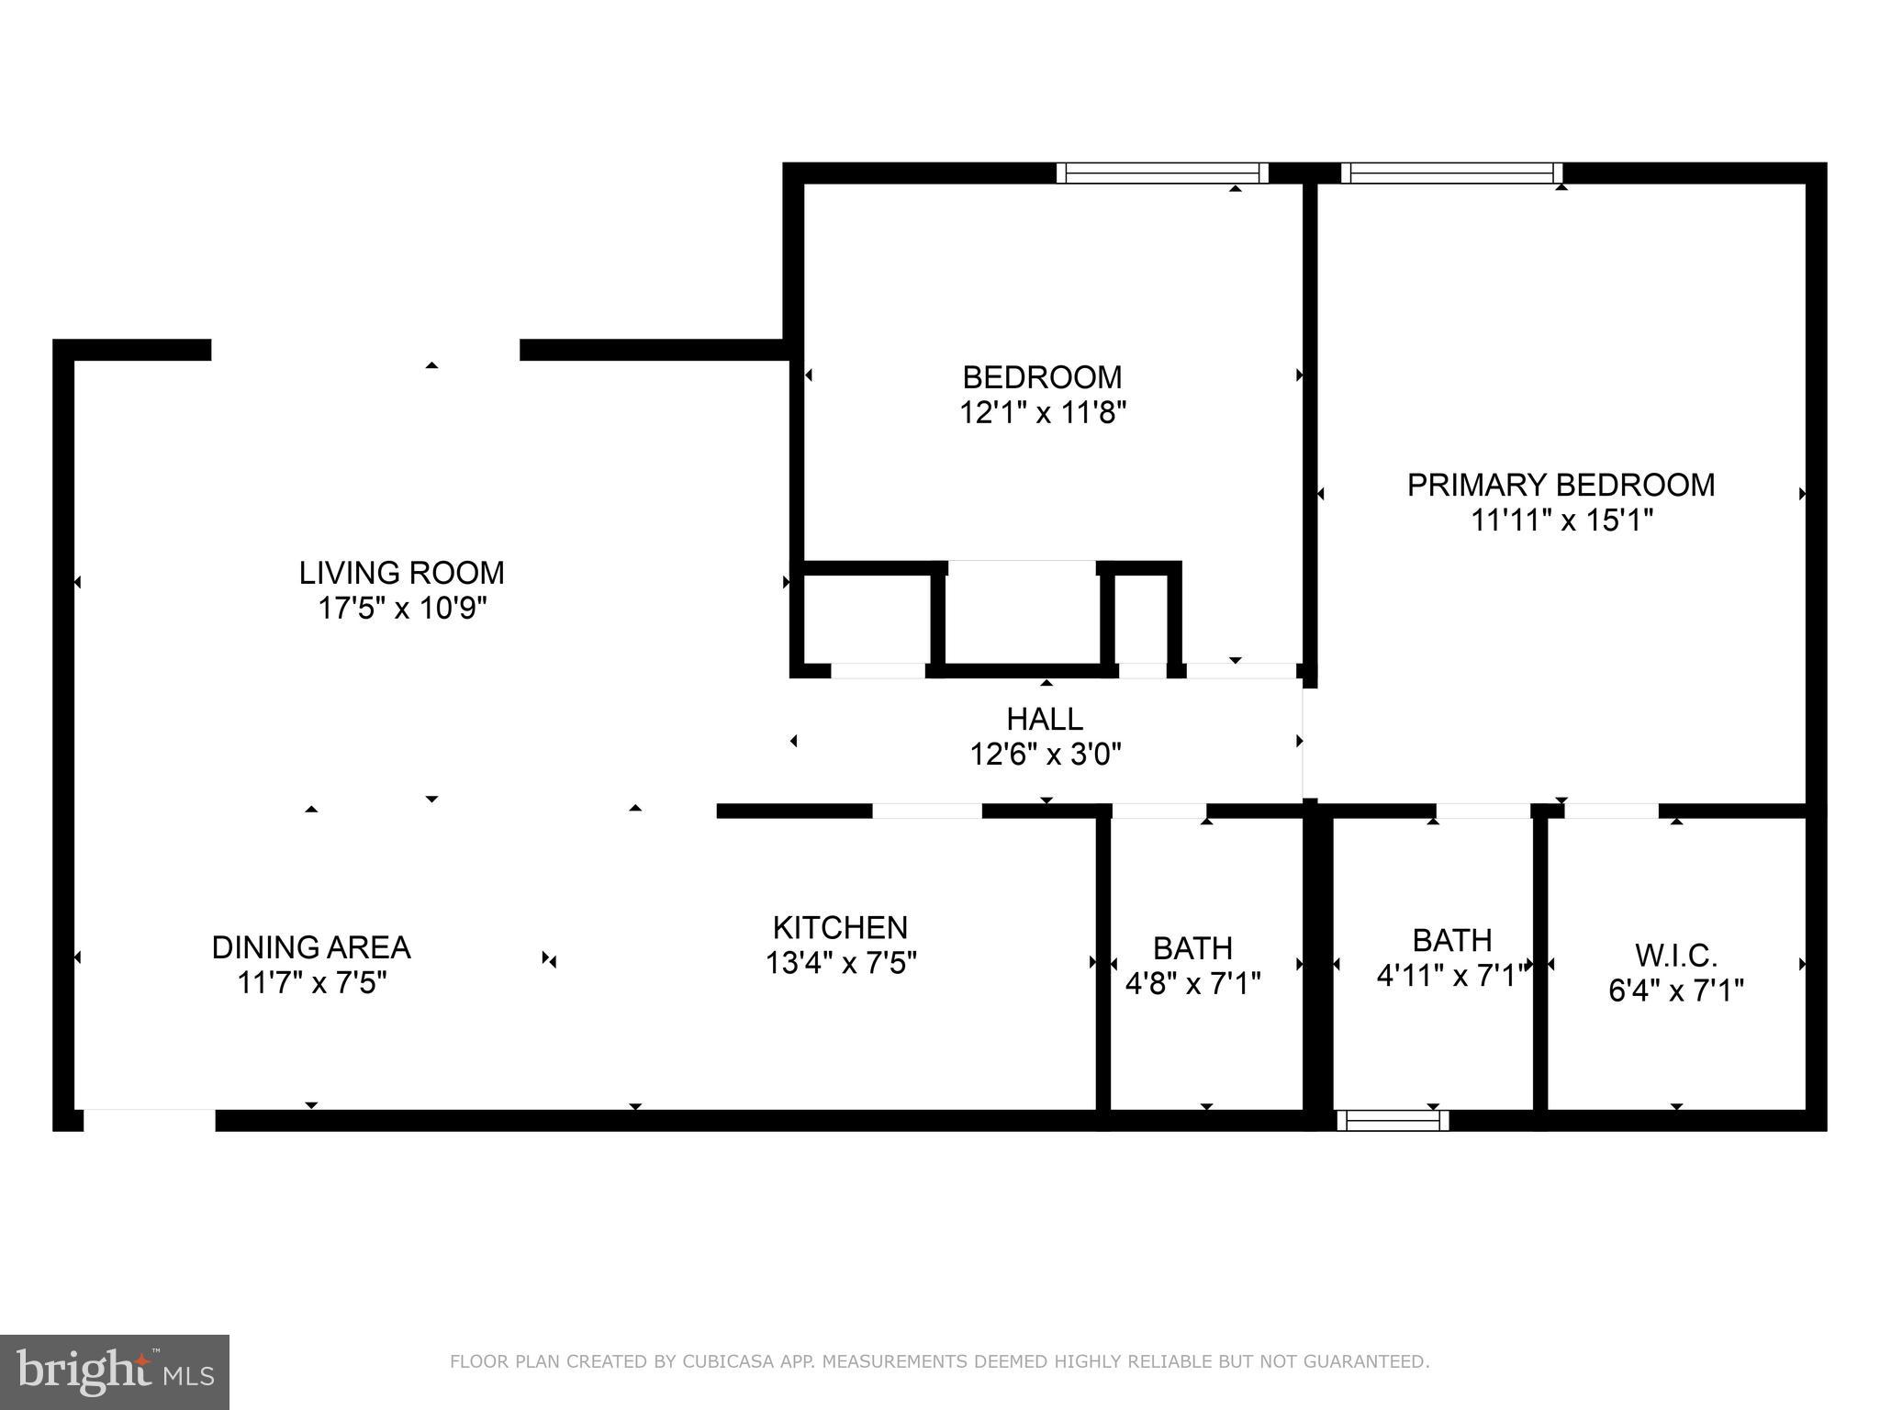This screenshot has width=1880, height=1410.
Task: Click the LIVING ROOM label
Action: (401, 573)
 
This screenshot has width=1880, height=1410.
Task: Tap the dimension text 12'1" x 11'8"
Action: (1043, 413)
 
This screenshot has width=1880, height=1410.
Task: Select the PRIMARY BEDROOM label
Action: (1561, 485)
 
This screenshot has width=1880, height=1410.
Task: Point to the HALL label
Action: (1045, 719)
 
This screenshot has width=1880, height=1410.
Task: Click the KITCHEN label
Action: (840, 927)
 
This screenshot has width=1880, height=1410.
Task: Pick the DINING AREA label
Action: (311, 947)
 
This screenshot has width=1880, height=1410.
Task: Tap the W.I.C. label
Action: (1675, 956)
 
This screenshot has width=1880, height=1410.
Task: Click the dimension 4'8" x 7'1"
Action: (1192, 984)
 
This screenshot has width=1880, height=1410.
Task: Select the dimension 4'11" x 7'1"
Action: (1452, 975)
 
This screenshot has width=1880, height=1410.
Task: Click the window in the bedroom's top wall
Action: (1161, 173)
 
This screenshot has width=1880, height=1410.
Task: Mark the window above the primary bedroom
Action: (1451, 173)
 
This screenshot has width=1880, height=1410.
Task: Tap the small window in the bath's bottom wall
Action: (1393, 1120)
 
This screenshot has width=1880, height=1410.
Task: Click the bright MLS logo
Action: (115, 1372)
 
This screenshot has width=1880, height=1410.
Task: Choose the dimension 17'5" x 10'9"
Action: (401, 609)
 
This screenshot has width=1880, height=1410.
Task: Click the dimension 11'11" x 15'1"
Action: (1561, 520)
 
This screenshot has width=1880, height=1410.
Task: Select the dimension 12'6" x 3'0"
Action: (1045, 755)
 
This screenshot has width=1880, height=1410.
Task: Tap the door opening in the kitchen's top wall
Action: (926, 811)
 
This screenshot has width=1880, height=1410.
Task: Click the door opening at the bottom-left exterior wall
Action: (150, 1120)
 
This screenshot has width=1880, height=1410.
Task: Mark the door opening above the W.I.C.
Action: (1611, 811)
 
